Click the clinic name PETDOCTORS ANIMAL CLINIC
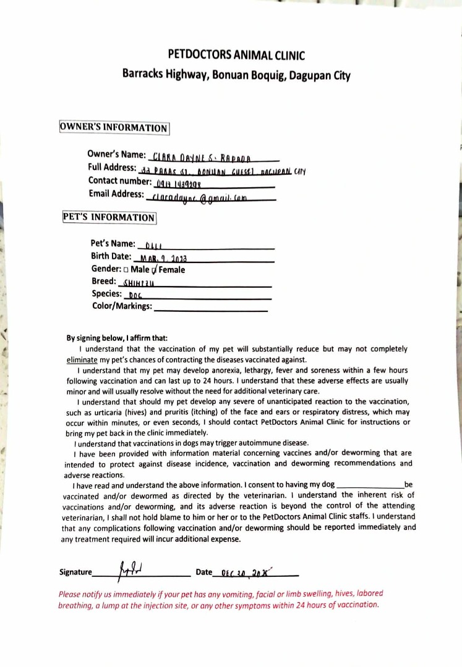236,55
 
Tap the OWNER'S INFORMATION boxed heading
114,128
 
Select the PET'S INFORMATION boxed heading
109,217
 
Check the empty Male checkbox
126,270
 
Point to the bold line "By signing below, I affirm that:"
117,338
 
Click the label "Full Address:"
113,168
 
